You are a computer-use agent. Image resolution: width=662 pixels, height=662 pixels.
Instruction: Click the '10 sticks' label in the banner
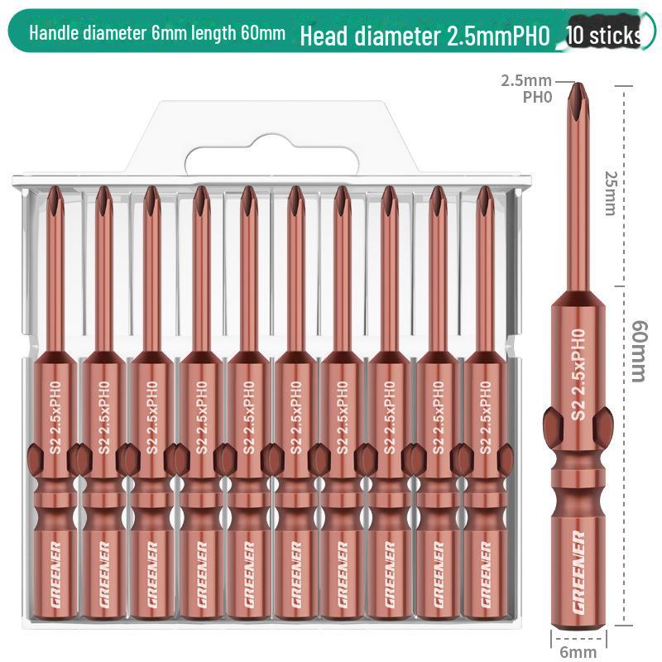(604, 36)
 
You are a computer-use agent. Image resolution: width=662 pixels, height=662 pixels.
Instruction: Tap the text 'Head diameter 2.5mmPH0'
(425, 36)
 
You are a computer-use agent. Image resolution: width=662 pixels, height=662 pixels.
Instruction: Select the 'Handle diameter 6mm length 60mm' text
(157, 34)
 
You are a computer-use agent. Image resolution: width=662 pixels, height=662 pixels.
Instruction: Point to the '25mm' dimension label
(611, 193)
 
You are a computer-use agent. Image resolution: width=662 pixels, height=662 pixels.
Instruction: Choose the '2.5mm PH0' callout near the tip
(527, 87)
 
